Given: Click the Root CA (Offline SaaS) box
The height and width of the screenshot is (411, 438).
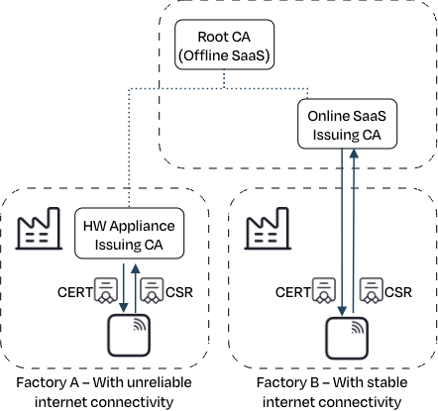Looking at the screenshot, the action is tap(224, 45).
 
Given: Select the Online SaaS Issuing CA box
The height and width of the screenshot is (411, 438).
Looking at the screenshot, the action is tap(347, 124).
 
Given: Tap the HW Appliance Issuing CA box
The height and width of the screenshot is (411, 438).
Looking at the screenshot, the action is tap(129, 233).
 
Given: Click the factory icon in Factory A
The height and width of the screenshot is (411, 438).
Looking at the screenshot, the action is tap(39, 228).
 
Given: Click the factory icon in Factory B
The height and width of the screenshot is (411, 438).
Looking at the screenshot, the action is tap(268, 228).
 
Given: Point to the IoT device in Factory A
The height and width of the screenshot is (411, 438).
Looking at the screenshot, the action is tap(129, 336).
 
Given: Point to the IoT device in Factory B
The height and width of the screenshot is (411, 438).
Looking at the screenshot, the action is tap(347, 338).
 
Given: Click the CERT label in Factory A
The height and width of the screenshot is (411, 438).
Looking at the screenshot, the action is tap(75, 292).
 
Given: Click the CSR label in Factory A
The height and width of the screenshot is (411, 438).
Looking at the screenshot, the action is tap(179, 292).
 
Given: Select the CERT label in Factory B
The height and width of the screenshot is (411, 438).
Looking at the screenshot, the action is tap(293, 292).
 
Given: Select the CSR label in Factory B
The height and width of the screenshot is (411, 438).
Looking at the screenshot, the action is tap(398, 292).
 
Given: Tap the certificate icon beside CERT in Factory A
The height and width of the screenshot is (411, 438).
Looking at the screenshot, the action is tap(106, 290).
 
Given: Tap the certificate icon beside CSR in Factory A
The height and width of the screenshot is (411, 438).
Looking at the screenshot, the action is tap(152, 290).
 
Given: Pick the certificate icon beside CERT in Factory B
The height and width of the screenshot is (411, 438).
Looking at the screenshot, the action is tap(324, 290).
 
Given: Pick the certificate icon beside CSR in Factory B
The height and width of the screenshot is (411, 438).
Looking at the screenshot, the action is tap(372, 290).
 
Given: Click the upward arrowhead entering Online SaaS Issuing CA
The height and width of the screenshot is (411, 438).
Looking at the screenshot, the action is tap(354, 154).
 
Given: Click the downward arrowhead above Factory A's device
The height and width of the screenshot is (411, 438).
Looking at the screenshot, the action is tap(124, 308).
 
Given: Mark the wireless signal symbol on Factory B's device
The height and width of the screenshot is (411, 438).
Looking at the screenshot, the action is tap(358, 328).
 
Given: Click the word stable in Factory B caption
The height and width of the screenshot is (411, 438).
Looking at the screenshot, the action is tap(388, 382).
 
